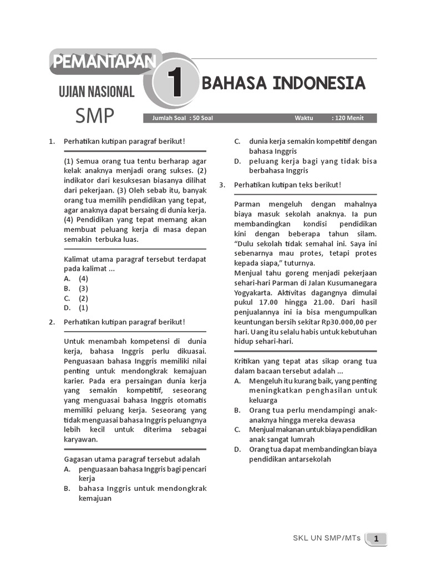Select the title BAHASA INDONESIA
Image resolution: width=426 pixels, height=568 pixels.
tap(283, 84)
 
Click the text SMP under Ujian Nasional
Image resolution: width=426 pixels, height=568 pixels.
tap(95, 116)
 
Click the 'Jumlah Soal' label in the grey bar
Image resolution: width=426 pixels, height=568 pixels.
tap(160, 118)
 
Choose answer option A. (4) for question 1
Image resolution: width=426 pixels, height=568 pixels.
tap(77, 278)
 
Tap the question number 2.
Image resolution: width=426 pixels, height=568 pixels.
tap(51, 322)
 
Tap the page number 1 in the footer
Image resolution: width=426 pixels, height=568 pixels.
tap(376, 538)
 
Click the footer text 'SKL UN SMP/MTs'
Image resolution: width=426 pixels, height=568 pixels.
tap(327, 538)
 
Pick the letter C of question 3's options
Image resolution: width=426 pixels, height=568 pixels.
tap(237, 429)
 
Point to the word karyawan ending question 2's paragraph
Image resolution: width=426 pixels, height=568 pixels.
tap(81, 439)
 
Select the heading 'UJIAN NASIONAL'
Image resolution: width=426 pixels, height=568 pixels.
tap(97, 92)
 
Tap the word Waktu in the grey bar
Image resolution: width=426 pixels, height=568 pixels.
tap(304, 118)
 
